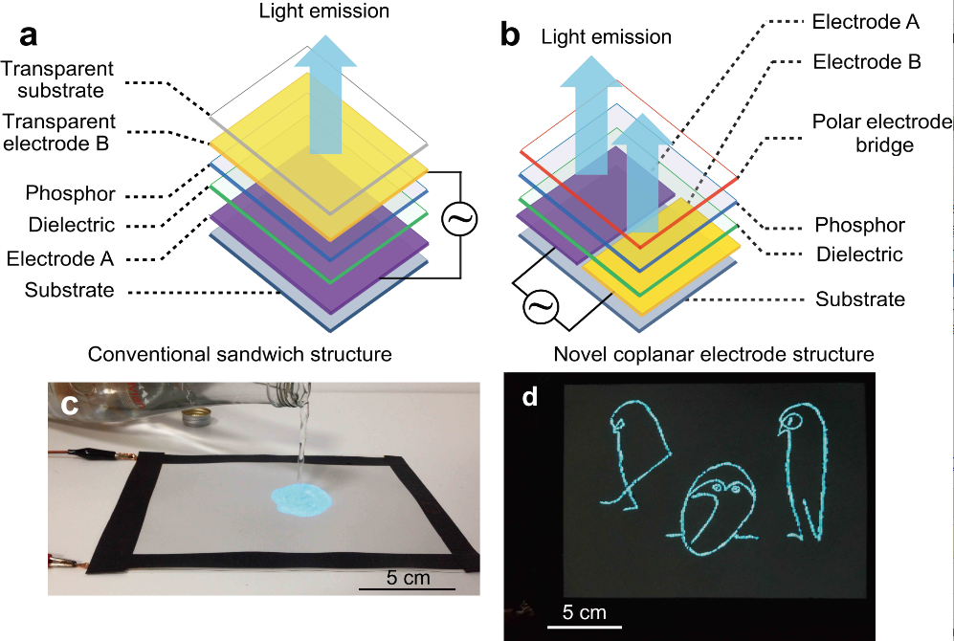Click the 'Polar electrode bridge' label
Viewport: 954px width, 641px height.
868,134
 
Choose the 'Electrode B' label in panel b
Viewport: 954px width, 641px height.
865,63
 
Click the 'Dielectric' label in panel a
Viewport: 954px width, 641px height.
73,226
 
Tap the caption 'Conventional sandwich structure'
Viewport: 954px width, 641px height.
239,354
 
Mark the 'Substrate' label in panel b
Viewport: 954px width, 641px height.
859,300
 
